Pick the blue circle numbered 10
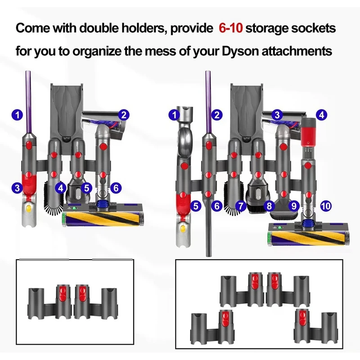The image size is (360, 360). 326,206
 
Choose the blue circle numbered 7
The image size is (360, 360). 241,206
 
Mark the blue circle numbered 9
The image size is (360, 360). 295,206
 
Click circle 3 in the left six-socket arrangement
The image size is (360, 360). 18,189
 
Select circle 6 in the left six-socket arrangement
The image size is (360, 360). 116,188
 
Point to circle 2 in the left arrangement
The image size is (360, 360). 125,115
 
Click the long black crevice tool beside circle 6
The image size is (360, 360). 208,225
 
